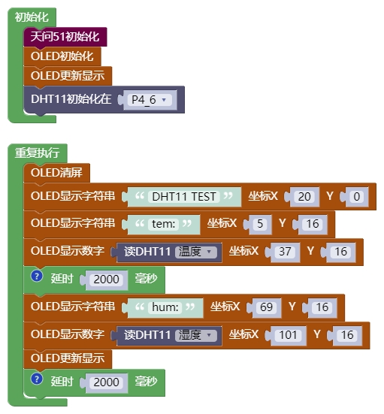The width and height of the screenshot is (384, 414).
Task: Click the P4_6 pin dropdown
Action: coord(150,100)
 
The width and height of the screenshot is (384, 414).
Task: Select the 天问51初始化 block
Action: coord(65,37)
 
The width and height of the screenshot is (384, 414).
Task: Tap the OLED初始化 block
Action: coord(62,56)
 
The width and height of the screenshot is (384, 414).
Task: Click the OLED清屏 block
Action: coord(56,173)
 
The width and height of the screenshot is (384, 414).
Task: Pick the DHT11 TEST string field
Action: coord(184,197)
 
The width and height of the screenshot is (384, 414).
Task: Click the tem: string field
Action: coord(164,224)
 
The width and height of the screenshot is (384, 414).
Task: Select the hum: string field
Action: coord(165,307)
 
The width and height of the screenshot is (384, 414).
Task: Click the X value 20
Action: coord(304,197)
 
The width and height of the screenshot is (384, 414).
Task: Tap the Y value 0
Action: coord(356,197)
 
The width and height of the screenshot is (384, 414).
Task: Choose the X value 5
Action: coord(260,224)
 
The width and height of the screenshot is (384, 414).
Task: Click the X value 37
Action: coord(285,252)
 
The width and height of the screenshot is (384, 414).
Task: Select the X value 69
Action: coord(266,307)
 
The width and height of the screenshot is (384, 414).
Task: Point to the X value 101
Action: coord(288,335)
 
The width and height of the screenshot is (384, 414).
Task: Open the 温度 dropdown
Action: coord(196,252)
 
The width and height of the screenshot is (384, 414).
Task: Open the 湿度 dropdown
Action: coord(196,335)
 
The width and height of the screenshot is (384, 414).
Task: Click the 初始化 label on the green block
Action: coord(32,17)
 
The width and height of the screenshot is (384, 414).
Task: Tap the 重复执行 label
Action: coord(38,153)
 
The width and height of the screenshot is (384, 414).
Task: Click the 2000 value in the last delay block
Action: coord(106,382)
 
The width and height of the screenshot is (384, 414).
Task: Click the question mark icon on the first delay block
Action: coord(37,277)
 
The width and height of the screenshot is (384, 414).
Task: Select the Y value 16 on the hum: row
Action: coord(322,307)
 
